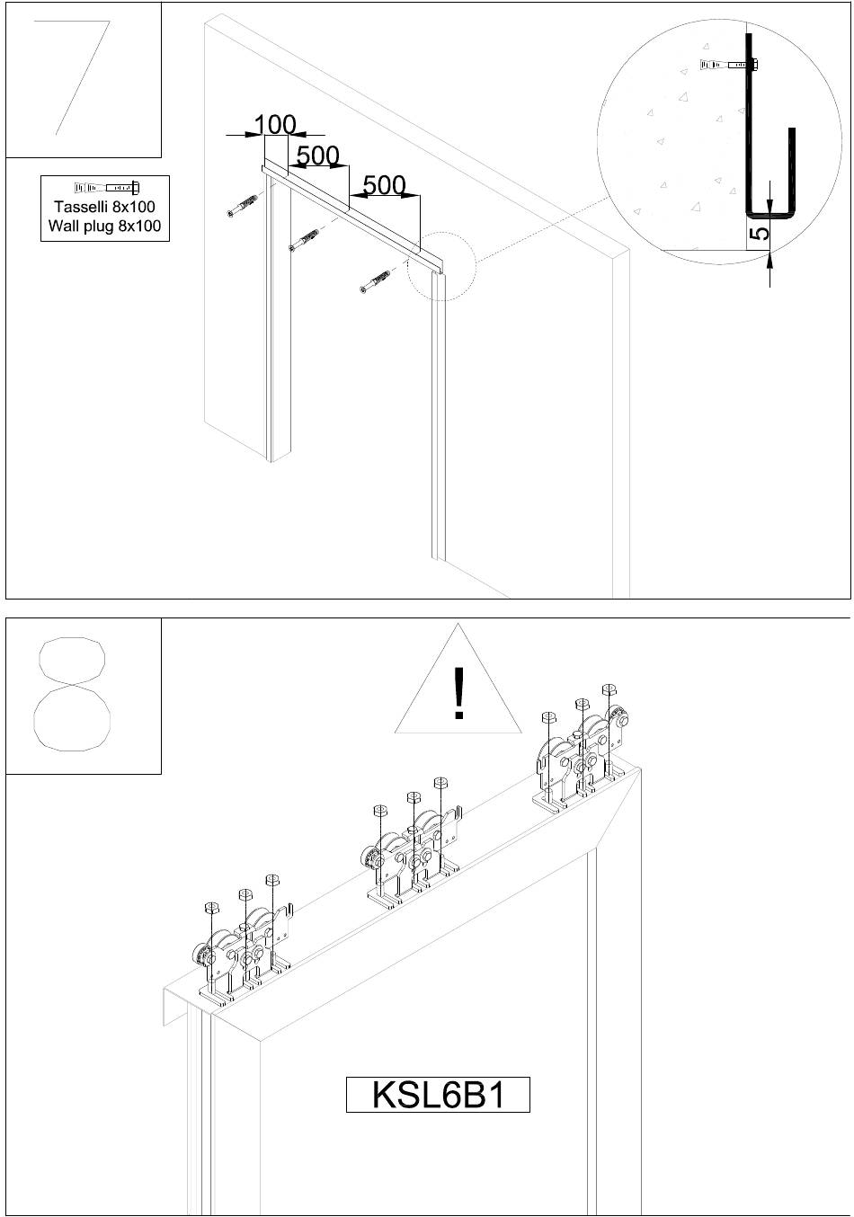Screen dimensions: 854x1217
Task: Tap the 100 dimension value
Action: pos(275,124)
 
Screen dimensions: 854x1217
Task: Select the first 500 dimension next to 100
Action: pos(318,155)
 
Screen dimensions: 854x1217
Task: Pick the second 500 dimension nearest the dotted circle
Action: pos(384,185)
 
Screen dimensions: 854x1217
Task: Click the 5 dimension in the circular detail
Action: pos(762,233)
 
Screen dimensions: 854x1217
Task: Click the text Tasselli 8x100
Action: pos(104,207)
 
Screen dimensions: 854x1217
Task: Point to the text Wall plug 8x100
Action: pos(104,226)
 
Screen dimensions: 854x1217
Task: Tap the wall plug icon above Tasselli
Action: pos(106,188)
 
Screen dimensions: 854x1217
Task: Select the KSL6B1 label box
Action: pos(438,1094)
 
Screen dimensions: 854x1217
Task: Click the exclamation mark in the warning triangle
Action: pos(459,693)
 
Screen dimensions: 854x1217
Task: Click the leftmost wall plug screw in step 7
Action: pos(243,205)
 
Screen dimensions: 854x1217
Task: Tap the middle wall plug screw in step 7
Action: pos(304,240)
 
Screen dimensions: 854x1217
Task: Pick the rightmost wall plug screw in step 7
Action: pos(376,281)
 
